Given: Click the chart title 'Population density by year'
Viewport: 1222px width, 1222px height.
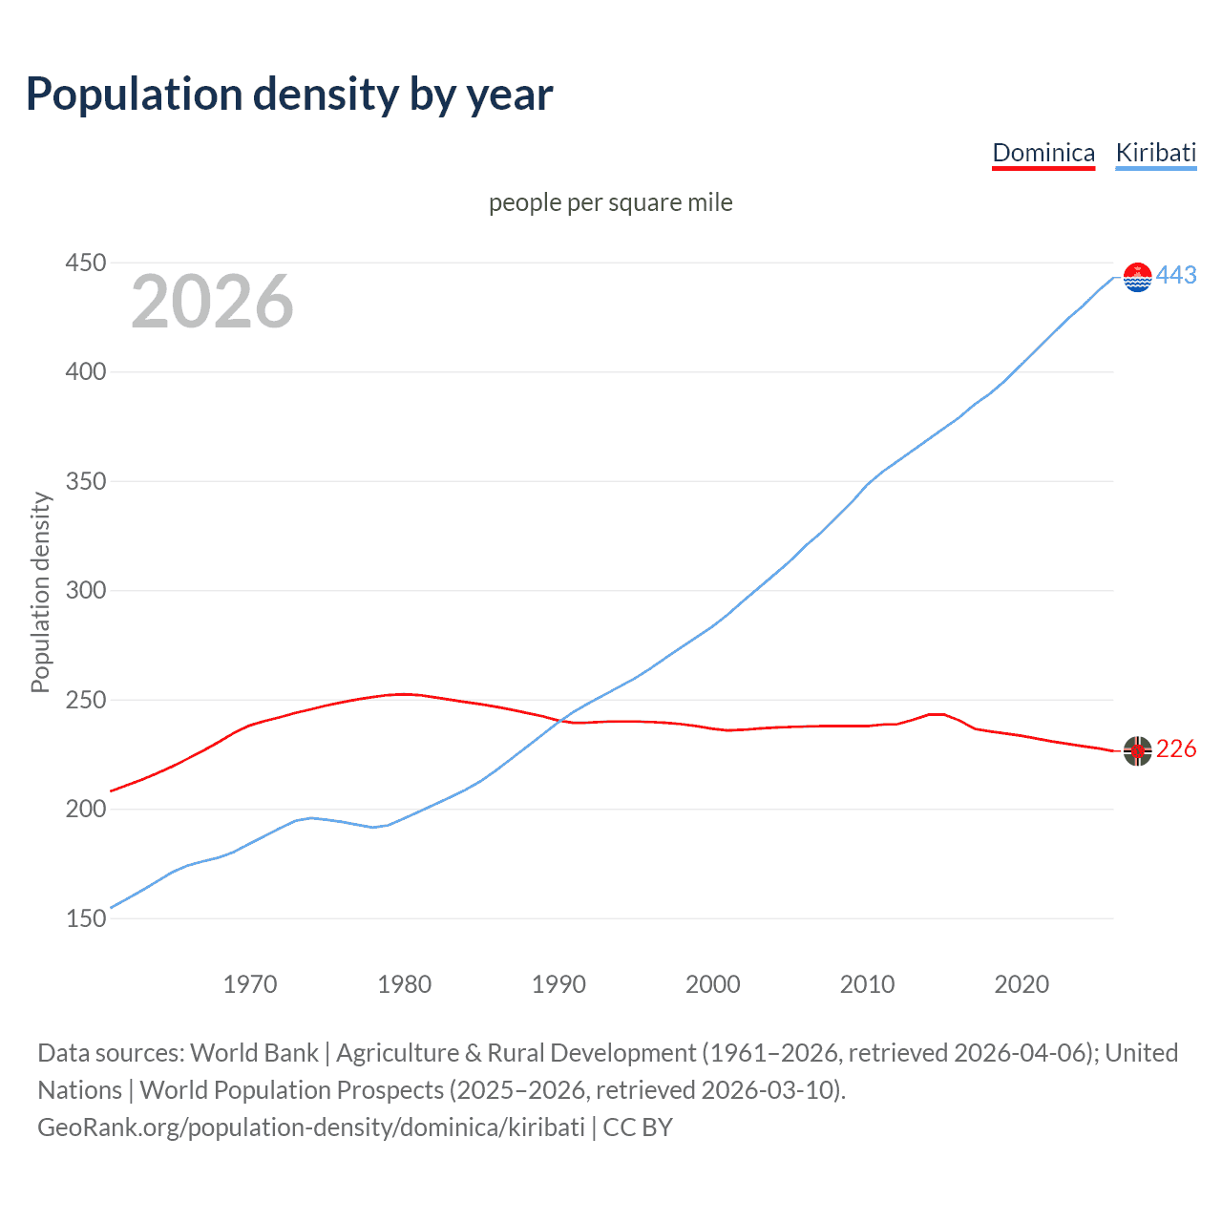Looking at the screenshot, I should pos(289,95).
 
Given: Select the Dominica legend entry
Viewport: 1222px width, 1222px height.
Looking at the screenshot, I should pos(1043,153).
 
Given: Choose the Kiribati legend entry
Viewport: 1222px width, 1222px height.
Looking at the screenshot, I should pos(1155,153).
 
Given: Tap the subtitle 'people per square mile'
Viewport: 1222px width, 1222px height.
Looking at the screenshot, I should pos(610,202).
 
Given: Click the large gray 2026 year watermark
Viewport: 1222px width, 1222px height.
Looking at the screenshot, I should pos(212,302).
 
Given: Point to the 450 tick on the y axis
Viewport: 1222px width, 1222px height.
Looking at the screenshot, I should pos(85,263).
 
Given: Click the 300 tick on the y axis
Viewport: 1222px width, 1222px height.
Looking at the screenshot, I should pos(85,590).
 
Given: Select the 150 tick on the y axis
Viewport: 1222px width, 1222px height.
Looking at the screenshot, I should pos(85,918).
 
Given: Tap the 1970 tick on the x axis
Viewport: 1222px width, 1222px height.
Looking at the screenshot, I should pos(250,984).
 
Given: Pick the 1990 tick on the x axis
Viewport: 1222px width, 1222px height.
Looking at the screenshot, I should pos(558,984).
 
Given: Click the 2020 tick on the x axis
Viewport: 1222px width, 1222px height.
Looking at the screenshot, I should pos(1022,984).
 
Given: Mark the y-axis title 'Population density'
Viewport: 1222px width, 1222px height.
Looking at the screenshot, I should pos(40,592).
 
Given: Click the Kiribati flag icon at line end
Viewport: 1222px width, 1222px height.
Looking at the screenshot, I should pos(1137,277).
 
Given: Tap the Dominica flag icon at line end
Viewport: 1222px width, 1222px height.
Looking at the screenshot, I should pos(1137,751).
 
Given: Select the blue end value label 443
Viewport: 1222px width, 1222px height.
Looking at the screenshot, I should pos(1176,275).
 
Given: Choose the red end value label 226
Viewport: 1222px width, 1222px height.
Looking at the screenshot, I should pos(1176,749).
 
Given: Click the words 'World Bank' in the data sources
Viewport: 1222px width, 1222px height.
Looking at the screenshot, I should pos(254,1053).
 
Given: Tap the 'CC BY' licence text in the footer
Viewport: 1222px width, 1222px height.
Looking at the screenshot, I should pos(638,1127).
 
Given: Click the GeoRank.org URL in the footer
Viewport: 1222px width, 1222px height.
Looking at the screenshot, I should pos(311,1127).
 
